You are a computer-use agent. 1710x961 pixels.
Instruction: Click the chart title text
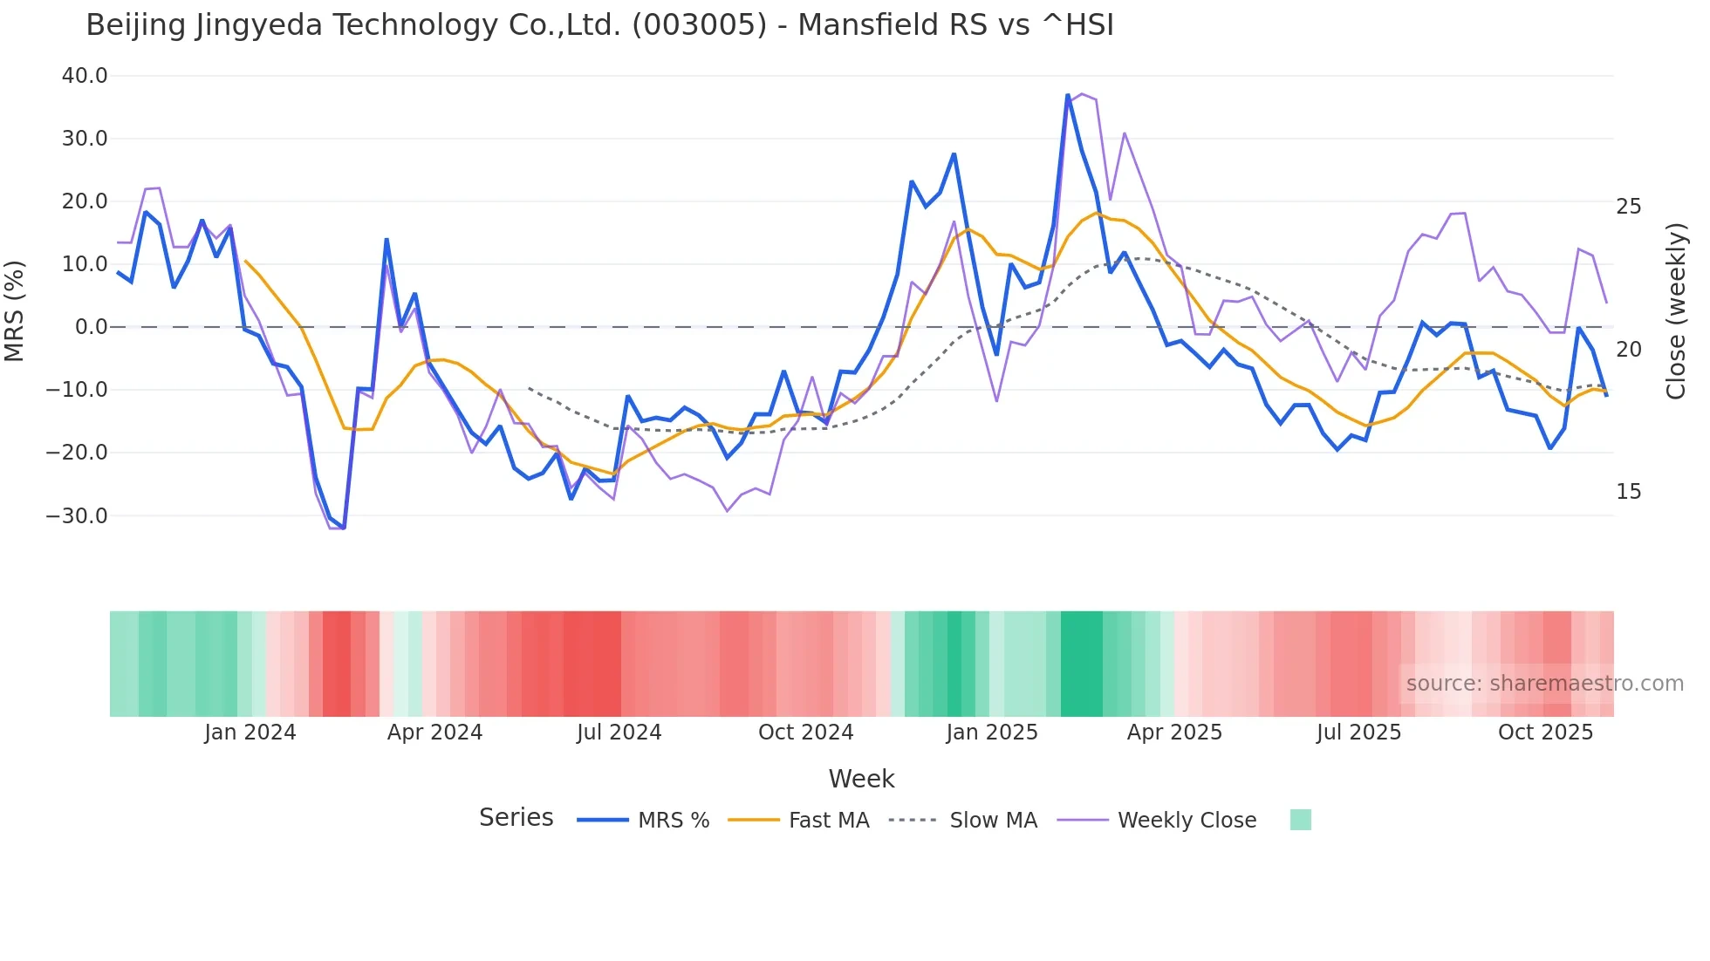coord(599,25)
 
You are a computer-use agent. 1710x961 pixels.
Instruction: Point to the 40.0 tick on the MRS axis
coord(85,76)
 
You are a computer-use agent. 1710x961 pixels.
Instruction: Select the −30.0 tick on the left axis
coord(77,515)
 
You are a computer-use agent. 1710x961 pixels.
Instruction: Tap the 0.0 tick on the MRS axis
coord(91,327)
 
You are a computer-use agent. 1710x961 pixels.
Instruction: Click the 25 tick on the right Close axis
coord(1628,207)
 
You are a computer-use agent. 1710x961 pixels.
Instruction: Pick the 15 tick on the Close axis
coord(1628,492)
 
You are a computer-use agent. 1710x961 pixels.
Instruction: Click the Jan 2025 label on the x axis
coord(992,733)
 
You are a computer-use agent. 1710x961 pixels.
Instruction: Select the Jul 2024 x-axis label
coord(619,733)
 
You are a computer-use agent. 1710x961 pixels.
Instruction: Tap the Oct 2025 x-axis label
coord(1545,733)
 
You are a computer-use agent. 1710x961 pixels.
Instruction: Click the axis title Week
coord(861,779)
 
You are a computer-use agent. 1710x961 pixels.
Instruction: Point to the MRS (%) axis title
coord(15,310)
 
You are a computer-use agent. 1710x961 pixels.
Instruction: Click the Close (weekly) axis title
coord(1676,311)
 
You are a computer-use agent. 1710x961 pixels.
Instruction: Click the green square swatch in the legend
coord(1300,820)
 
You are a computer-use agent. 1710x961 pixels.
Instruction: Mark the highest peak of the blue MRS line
coord(1067,95)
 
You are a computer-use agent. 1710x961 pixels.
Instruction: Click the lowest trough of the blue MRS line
coord(344,528)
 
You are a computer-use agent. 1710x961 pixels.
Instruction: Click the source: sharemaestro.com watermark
coord(1544,684)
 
